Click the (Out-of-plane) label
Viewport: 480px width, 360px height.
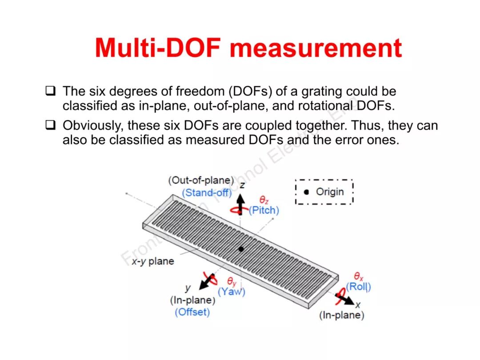[201, 180]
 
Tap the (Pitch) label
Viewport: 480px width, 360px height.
[264, 210]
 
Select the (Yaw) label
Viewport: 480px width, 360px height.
[231, 292]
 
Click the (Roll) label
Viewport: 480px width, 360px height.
[359, 287]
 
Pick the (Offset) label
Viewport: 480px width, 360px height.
[192, 312]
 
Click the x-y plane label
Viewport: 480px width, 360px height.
[153, 261]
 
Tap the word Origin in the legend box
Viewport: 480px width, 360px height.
[330, 192]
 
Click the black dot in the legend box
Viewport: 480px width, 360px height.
[306, 192]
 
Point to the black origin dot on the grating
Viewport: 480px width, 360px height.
[241, 249]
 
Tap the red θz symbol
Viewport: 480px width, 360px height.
[264, 200]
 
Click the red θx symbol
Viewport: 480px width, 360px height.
[358, 277]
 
